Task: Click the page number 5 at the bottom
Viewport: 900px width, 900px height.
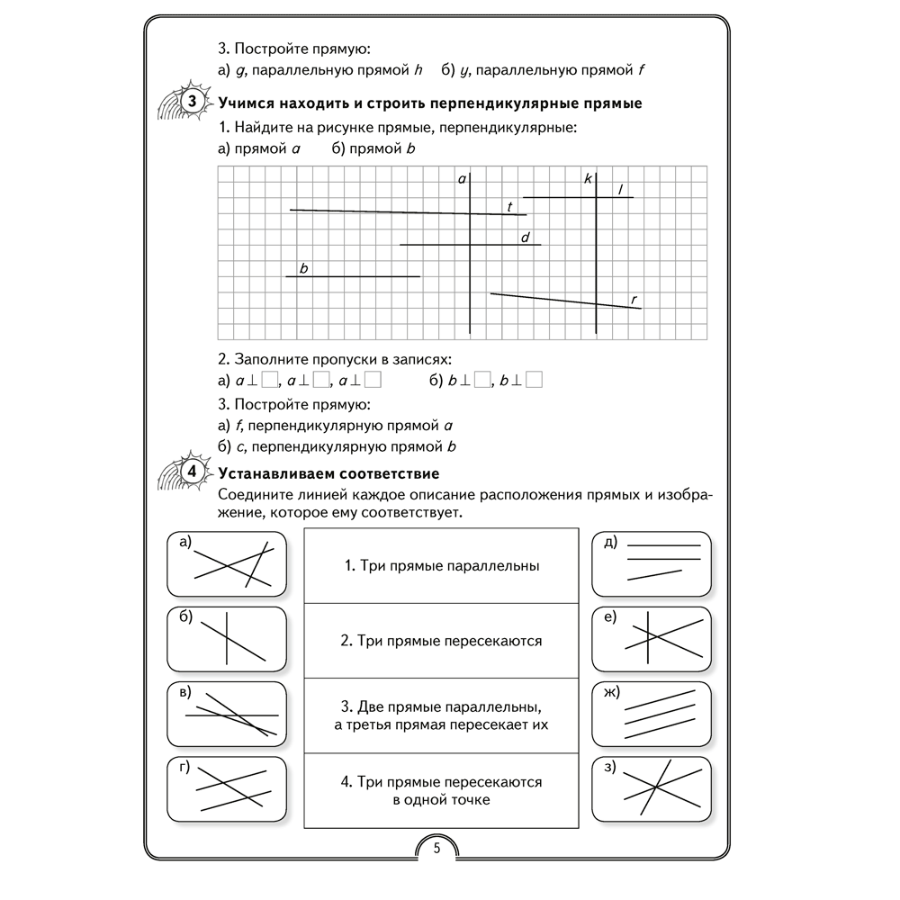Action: coord(436,848)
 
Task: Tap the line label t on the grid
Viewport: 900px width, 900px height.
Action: coord(509,207)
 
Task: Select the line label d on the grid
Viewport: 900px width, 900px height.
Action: coord(526,237)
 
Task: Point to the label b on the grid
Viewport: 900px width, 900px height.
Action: coord(304,268)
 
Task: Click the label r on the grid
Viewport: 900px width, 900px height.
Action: coord(634,299)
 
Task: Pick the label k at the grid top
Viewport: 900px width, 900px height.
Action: coord(588,179)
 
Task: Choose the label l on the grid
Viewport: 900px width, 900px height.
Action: coord(621,189)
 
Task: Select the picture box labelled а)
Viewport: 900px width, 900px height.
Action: coord(227,563)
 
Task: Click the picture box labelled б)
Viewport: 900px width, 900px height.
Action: coord(227,640)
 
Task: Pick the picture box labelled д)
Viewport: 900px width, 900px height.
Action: coord(652,563)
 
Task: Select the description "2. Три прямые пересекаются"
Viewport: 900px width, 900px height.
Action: coord(442,641)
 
